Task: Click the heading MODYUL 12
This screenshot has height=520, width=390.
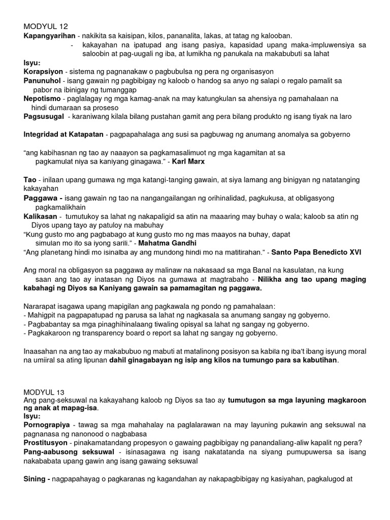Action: (46, 26)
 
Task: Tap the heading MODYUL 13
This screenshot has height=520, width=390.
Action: (46, 392)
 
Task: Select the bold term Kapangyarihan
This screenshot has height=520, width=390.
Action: (48, 36)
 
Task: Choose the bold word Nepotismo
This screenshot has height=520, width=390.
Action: (42, 99)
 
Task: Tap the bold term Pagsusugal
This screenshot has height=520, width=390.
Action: (43, 116)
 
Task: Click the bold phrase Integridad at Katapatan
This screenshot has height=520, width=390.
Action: (63, 134)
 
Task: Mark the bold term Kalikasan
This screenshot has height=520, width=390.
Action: (41, 216)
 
